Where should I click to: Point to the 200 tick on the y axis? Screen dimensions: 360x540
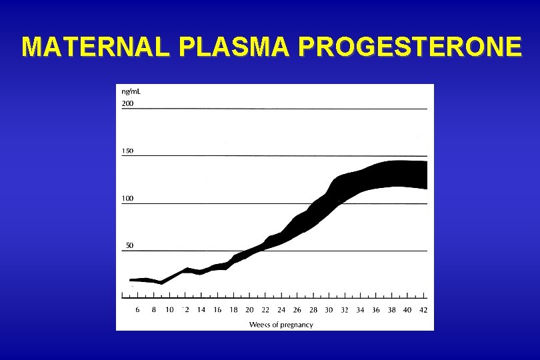(x=127, y=103)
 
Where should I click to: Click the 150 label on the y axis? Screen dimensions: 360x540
(x=127, y=151)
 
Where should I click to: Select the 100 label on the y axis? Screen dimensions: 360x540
(x=127, y=198)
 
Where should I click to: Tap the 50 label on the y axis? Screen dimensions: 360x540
(x=129, y=245)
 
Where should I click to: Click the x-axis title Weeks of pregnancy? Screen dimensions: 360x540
(x=281, y=325)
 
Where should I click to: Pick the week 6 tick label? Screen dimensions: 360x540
(x=137, y=309)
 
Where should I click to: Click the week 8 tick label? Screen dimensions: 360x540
(x=153, y=309)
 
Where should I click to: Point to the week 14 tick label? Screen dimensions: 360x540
(x=201, y=309)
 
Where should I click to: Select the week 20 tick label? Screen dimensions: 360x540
(x=249, y=309)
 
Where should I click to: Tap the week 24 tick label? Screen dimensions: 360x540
(x=281, y=309)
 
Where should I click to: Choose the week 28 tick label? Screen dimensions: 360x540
(x=313, y=309)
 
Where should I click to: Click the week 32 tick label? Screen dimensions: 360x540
(x=345, y=309)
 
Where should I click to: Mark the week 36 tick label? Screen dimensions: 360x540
(x=376, y=309)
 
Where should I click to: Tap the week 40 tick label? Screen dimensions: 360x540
(x=407, y=309)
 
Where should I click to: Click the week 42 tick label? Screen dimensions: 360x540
(x=423, y=309)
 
